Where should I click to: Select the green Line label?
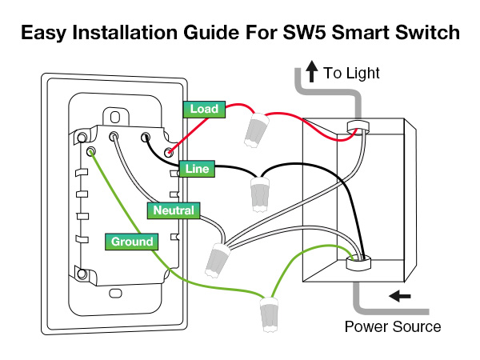(196, 169)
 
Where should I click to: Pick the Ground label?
(132, 241)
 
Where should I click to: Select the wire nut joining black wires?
(258, 194)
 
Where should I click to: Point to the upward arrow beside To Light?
(313, 74)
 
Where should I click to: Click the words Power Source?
(392, 327)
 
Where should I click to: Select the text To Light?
(351, 74)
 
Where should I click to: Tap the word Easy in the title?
(47, 33)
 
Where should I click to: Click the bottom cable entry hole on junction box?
(358, 260)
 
